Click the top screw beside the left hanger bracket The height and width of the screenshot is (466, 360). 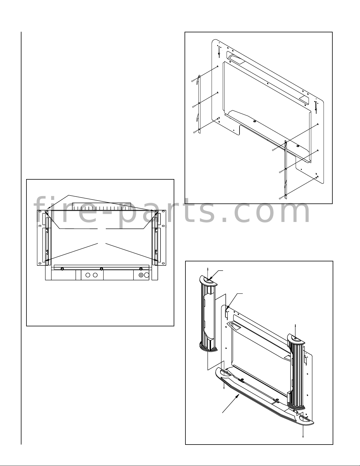click(x=193, y=81)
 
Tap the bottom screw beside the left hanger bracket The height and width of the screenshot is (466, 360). click(x=195, y=132)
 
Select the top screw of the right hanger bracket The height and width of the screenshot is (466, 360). click(x=273, y=150)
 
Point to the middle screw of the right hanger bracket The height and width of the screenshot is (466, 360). click(x=281, y=172)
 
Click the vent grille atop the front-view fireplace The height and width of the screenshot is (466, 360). click(x=102, y=206)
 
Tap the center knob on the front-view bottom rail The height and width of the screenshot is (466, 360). click(x=102, y=269)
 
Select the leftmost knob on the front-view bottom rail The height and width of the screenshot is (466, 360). click(x=62, y=269)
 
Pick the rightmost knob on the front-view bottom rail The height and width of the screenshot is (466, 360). click(x=141, y=269)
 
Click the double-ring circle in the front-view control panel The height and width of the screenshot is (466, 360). click(x=141, y=275)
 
